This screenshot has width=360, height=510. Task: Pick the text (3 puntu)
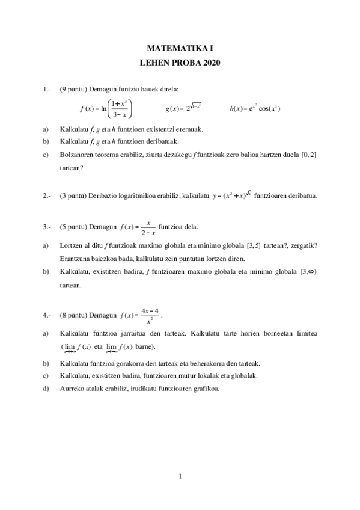[73, 195]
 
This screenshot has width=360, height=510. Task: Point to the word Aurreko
[72, 388]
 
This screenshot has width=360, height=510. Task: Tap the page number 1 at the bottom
[180, 478]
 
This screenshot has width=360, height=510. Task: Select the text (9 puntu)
[73, 90]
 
